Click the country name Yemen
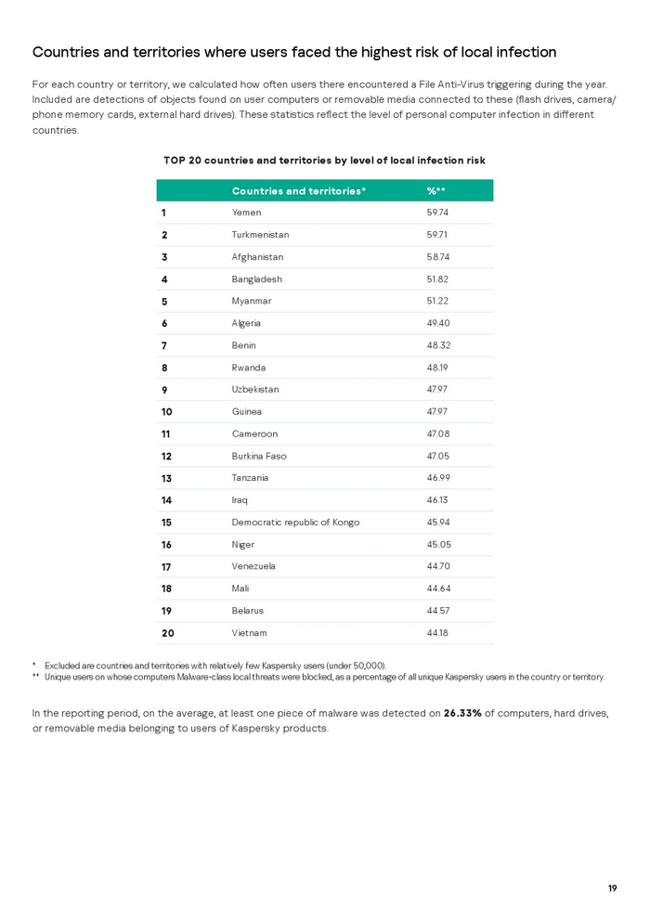[x=246, y=213]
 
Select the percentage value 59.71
[x=437, y=235]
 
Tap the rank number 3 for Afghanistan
[x=164, y=257]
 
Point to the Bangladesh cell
[x=256, y=279]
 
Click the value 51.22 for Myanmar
[x=437, y=301]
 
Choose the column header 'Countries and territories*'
[x=299, y=191]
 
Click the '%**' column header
[x=436, y=191]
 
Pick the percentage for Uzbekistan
[x=437, y=389]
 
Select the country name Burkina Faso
[x=259, y=456]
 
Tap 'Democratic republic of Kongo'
[x=295, y=522]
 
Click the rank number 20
[x=168, y=633]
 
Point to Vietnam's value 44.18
[x=437, y=633]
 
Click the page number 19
[x=612, y=888]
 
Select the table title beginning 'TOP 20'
[x=324, y=161]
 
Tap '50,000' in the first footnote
[x=367, y=666]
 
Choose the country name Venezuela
[x=253, y=566]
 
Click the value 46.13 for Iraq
[x=437, y=499]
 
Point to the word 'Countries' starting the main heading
[x=66, y=52]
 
